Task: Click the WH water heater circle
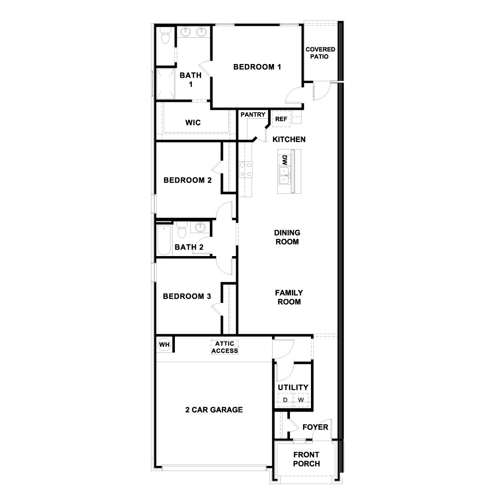[164, 345]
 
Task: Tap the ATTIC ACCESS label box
[225, 347]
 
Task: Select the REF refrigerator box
[281, 119]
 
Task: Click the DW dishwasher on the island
[284, 160]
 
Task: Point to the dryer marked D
[285, 400]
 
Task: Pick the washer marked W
[301, 400]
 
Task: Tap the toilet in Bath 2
[182, 230]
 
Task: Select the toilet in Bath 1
[165, 36]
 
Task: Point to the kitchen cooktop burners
[245, 169]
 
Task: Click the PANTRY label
[253, 114]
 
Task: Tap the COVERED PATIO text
[320, 53]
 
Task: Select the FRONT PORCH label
[306, 459]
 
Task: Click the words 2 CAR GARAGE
[214, 410]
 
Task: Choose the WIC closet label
[193, 122]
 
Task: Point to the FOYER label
[315, 427]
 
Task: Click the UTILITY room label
[293, 387]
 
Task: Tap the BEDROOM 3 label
[187, 296]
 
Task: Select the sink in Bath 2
[200, 228]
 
